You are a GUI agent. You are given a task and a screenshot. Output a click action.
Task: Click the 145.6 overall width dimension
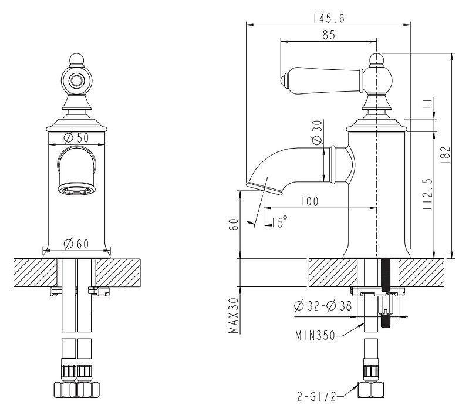point(329,19)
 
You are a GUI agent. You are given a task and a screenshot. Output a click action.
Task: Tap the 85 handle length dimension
point(329,35)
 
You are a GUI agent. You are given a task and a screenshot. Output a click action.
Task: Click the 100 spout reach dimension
point(309,201)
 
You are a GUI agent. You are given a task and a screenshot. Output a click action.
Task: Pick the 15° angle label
point(279,222)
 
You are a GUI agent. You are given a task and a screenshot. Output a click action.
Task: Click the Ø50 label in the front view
point(76,138)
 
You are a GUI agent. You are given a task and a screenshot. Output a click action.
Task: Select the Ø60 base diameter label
point(76,244)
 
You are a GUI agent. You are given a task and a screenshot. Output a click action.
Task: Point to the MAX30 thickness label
point(234,315)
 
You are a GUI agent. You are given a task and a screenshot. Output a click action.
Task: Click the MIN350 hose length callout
point(315,335)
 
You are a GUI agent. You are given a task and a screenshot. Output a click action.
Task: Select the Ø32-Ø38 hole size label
point(323,306)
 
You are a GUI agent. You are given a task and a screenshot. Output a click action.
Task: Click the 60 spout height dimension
point(234,224)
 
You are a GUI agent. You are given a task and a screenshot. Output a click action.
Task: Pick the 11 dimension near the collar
point(428,103)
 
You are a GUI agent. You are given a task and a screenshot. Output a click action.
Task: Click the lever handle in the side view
point(322,80)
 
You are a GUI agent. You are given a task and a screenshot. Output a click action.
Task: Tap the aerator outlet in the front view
point(77,190)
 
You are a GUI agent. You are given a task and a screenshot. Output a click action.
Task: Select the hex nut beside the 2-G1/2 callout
point(371,390)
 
